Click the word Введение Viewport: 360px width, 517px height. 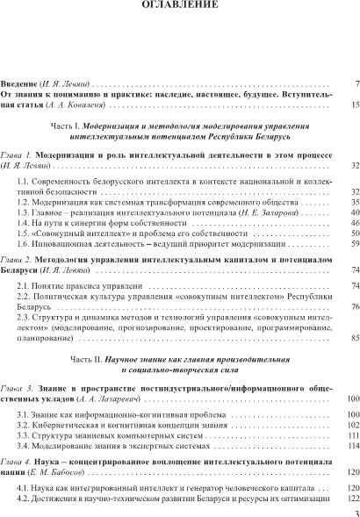point(19,84)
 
